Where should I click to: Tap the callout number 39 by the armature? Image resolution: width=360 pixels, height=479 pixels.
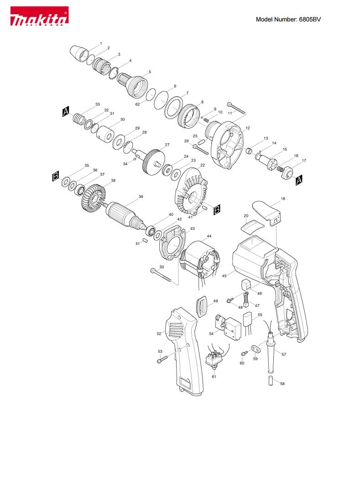click(x=141, y=197)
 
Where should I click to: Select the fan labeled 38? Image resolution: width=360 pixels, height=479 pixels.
click(x=92, y=197)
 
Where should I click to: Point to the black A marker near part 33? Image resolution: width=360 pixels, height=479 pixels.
click(x=66, y=112)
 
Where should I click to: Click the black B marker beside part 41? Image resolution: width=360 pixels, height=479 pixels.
click(x=217, y=209)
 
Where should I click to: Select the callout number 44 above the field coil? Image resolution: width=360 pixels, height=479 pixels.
click(x=209, y=236)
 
